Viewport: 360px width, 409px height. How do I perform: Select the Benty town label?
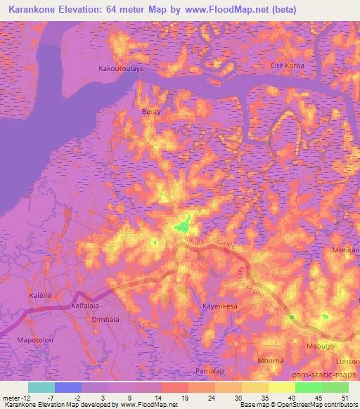click(x=151, y=112)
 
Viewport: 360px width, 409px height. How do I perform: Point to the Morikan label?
click(x=345, y=250)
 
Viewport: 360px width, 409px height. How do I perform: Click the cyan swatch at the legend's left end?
click(x=41, y=387)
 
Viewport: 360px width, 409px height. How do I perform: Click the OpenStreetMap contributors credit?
click(x=323, y=405)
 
